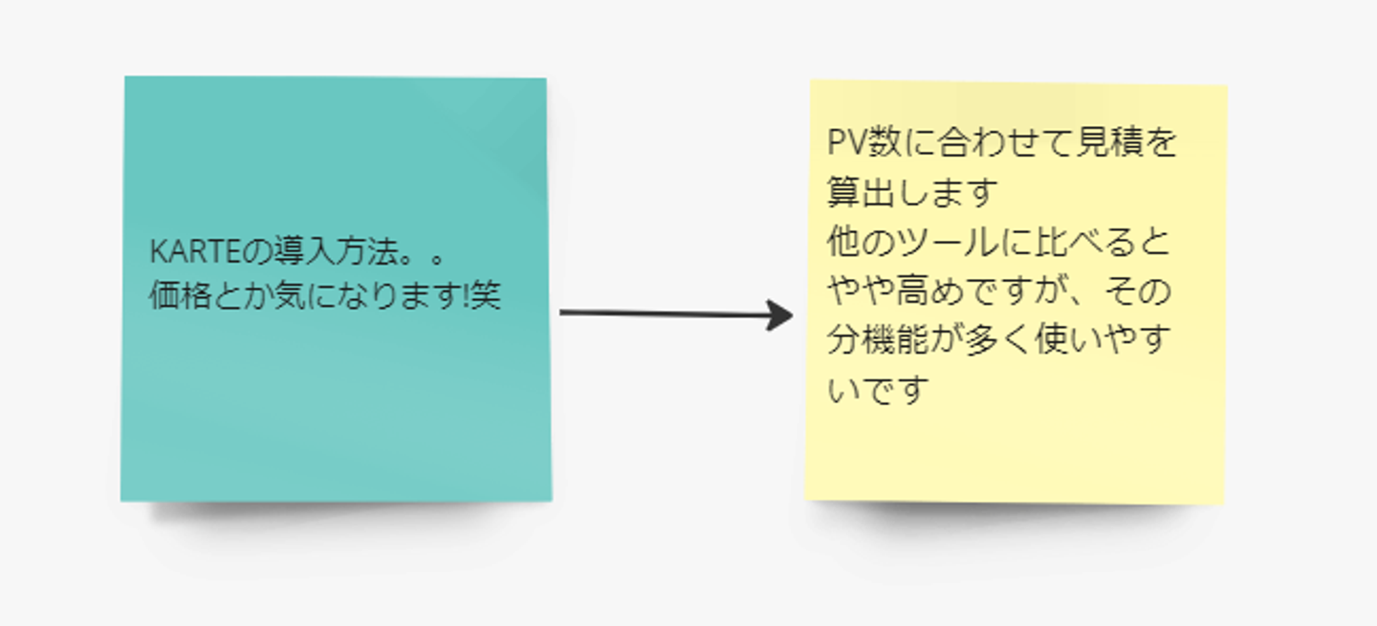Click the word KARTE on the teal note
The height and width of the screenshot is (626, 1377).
click(194, 253)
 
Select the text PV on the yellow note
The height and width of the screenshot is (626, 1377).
click(845, 144)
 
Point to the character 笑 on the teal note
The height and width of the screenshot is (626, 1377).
click(486, 296)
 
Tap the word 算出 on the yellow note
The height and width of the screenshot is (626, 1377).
click(860, 194)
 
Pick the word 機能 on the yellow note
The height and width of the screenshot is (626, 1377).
click(895, 341)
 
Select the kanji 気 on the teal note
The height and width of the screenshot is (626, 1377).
click(296, 296)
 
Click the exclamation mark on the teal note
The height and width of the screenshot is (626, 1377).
click(466, 296)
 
